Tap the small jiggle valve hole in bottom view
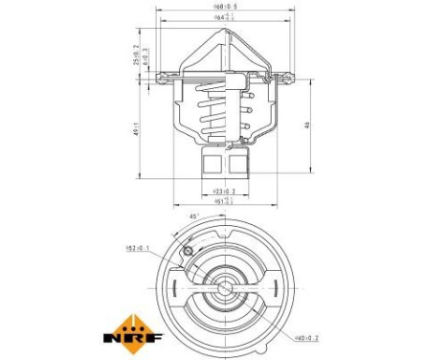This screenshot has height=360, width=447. coord(189,251)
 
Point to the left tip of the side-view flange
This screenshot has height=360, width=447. coord(159,73)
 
